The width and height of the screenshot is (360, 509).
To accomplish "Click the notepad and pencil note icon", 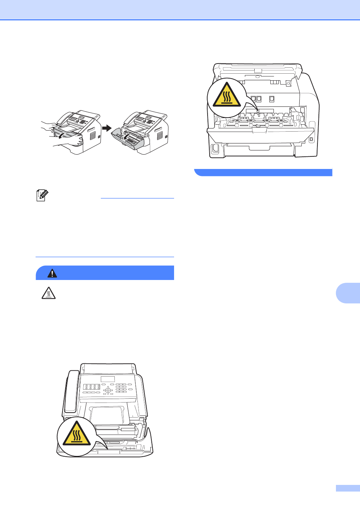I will click(x=42, y=195).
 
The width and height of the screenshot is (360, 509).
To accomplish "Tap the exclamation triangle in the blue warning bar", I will click(x=52, y=273).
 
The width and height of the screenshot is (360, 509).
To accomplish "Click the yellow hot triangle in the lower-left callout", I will click(x=76, y=434).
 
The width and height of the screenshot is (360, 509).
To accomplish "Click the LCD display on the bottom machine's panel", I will click(x=108, y=379).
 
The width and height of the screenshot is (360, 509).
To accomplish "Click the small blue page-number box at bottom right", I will click(x=347, y=488).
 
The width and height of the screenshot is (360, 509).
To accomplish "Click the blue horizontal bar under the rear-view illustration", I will click(x=263, y=172).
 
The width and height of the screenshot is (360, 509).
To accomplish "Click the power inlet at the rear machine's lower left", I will click(x=215, y=148).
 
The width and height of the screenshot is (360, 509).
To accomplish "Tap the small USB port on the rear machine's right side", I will click(x=311, y=139).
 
